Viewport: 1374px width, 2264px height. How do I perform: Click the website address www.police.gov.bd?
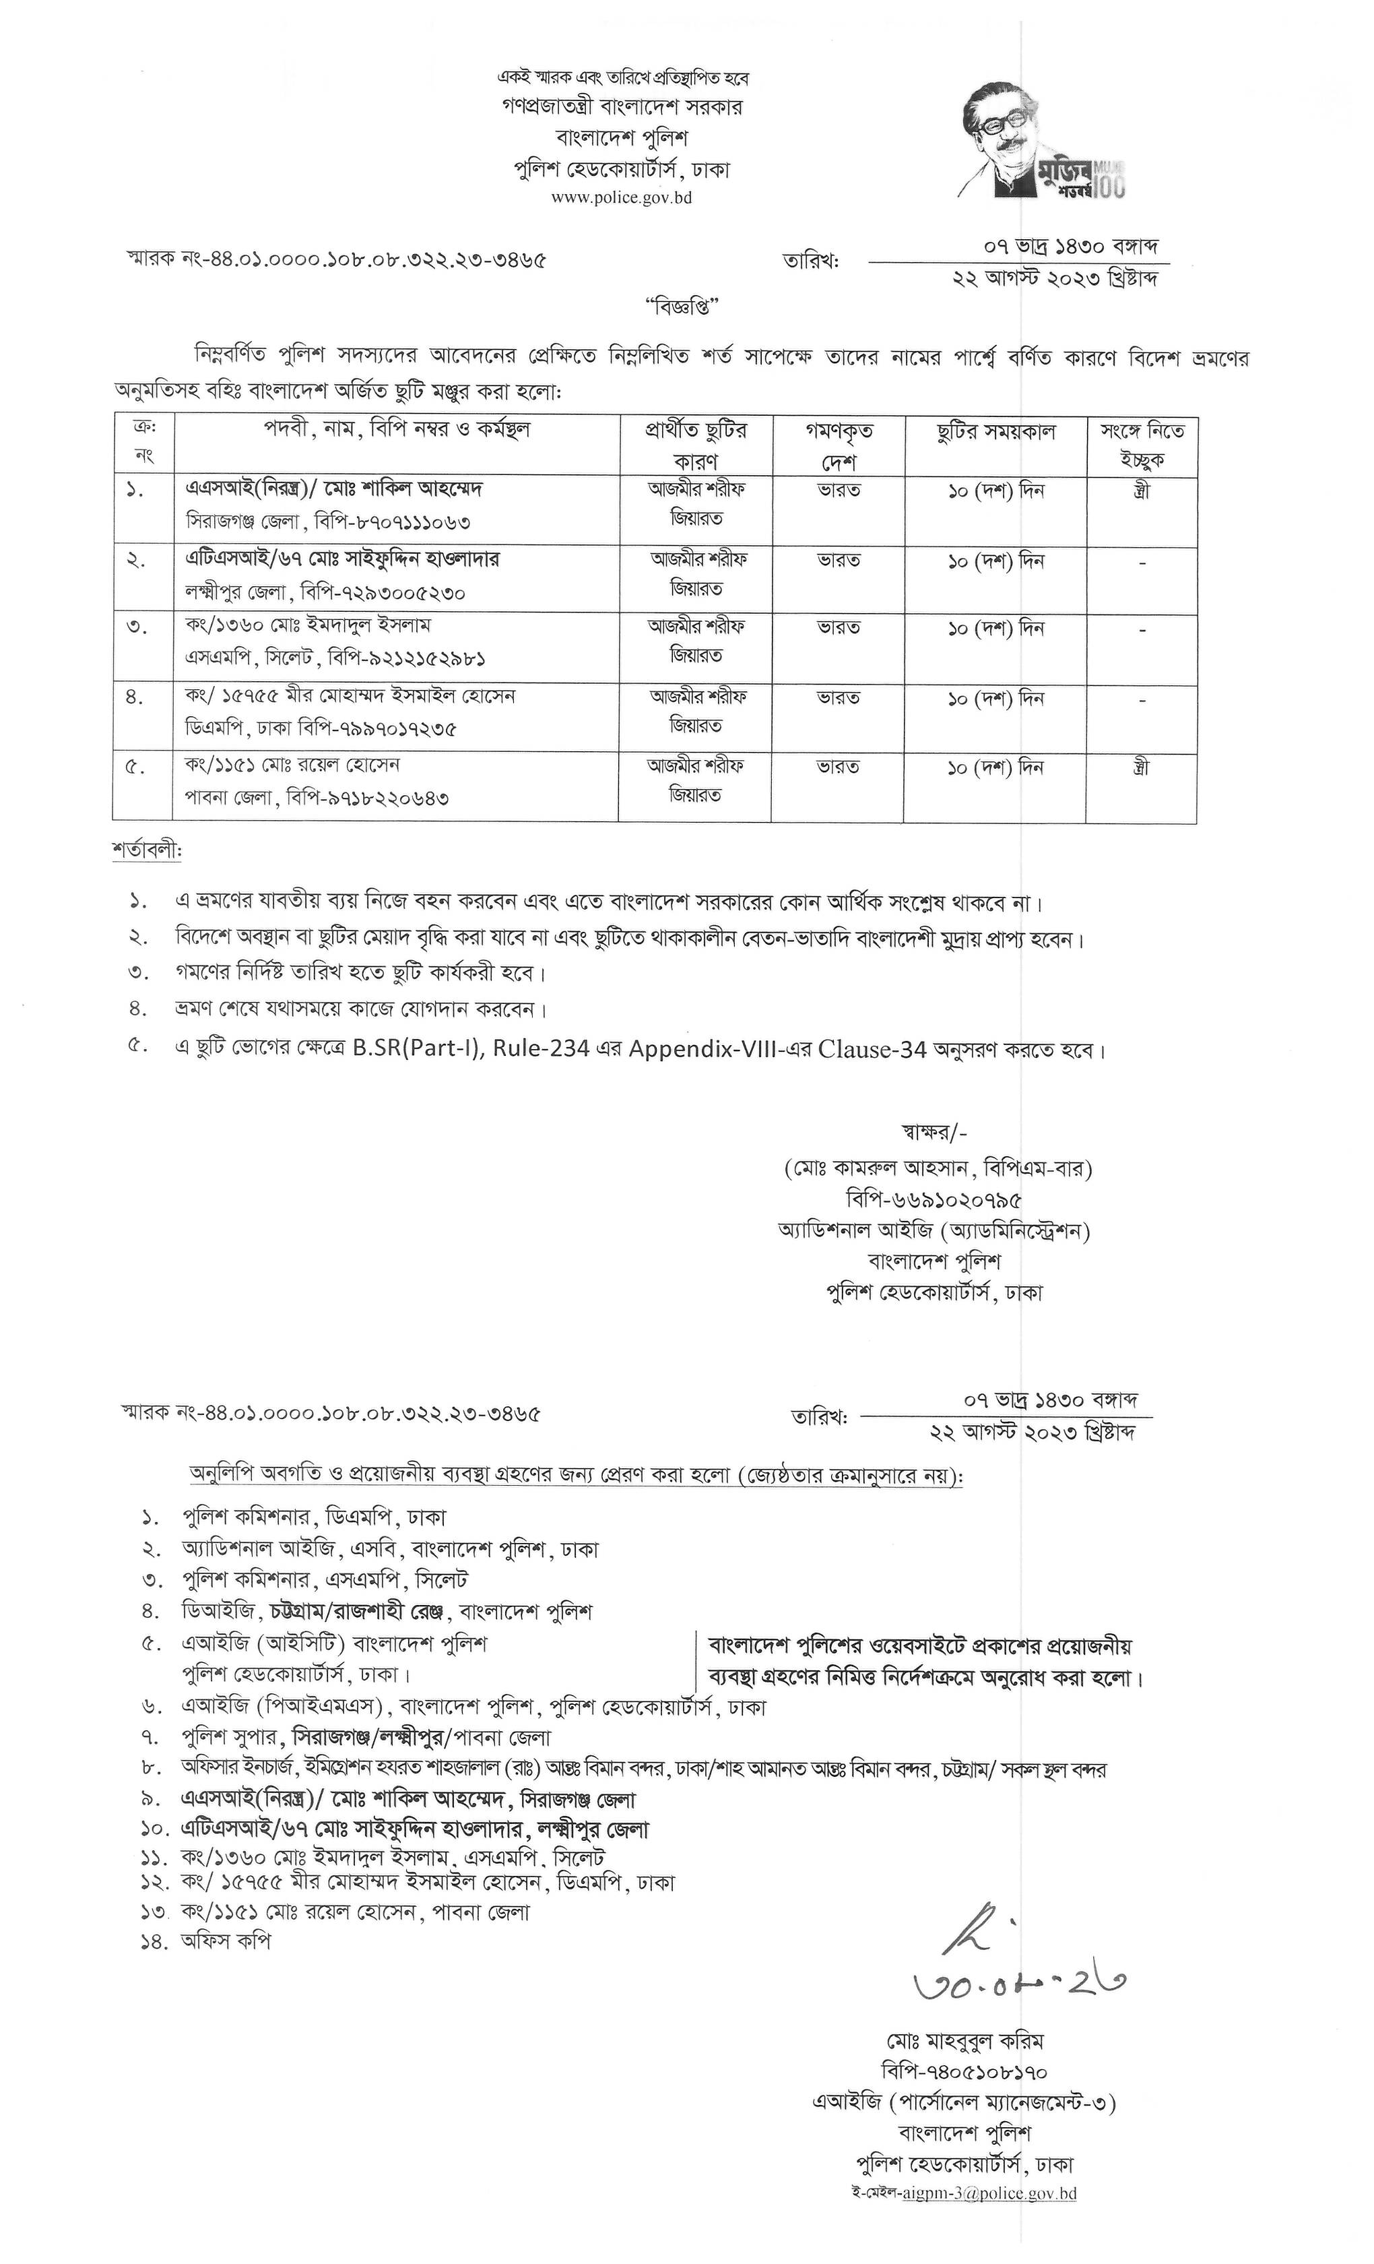pos(621,197)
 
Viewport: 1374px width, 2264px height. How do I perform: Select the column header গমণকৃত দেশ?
pos(838,445)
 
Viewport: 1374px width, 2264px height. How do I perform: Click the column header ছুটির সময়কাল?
pos(995,432)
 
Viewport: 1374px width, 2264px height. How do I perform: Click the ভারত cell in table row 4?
pos(839,698)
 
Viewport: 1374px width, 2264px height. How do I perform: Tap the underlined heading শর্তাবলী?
pos(147,852)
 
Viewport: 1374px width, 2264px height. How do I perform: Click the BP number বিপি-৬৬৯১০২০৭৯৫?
pos(934,1200)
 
